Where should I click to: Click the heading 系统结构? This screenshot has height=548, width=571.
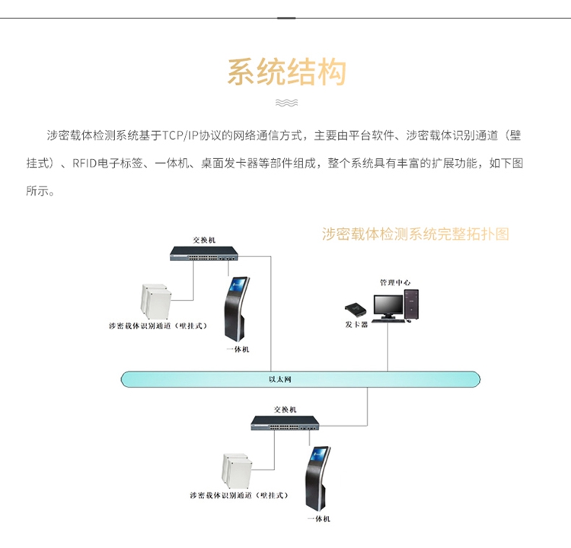point(286,72)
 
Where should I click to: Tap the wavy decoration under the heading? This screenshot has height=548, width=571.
point(286,103)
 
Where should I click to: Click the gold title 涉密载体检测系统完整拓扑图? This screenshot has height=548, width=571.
point(416,234)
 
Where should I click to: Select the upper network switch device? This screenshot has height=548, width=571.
point(204,253)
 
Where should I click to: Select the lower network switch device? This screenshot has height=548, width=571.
point(285,423)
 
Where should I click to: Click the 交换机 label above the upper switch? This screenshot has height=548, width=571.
point(204,240)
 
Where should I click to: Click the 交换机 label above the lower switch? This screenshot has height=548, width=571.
point(285,409)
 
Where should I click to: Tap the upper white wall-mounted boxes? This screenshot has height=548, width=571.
point(156,302)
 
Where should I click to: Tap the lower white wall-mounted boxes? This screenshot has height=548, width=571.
point(237,471)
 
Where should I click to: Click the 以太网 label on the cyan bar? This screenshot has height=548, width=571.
point(280,379)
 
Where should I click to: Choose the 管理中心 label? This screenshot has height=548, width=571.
point(395,282)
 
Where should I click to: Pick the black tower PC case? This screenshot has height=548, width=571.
point(411,304)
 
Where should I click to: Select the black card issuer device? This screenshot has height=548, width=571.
point(356,310)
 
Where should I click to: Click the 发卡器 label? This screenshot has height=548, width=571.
point(356,324)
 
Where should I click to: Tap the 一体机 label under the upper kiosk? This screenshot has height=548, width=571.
point(238,349)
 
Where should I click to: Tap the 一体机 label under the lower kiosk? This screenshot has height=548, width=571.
point(319,519)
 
